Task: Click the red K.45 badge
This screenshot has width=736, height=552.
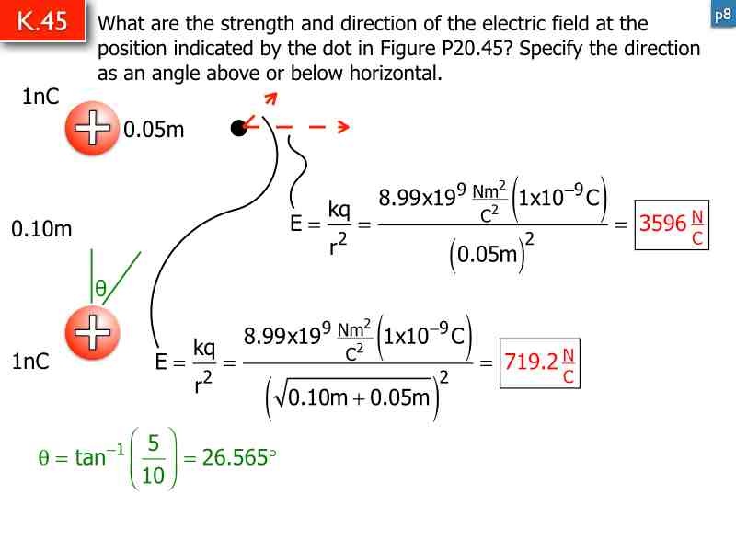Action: click(43, 22)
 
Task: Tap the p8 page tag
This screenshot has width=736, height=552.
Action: click(723, 16)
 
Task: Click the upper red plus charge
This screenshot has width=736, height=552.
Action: click(92, 129)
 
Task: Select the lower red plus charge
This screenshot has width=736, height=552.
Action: click(92, 332)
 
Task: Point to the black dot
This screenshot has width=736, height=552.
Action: click(239, 129)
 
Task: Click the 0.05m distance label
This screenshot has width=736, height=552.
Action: click(154, 130)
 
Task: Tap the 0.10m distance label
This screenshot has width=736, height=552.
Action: click(41, 229)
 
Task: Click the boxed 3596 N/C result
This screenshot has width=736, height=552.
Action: click(672, 224)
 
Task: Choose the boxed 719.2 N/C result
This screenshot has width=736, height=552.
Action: click(541, 362)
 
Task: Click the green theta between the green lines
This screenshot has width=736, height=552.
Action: click(102, 289)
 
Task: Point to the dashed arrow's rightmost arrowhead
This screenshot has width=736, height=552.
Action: click(343, 128)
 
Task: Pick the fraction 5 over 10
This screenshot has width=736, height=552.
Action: click(153, 457)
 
